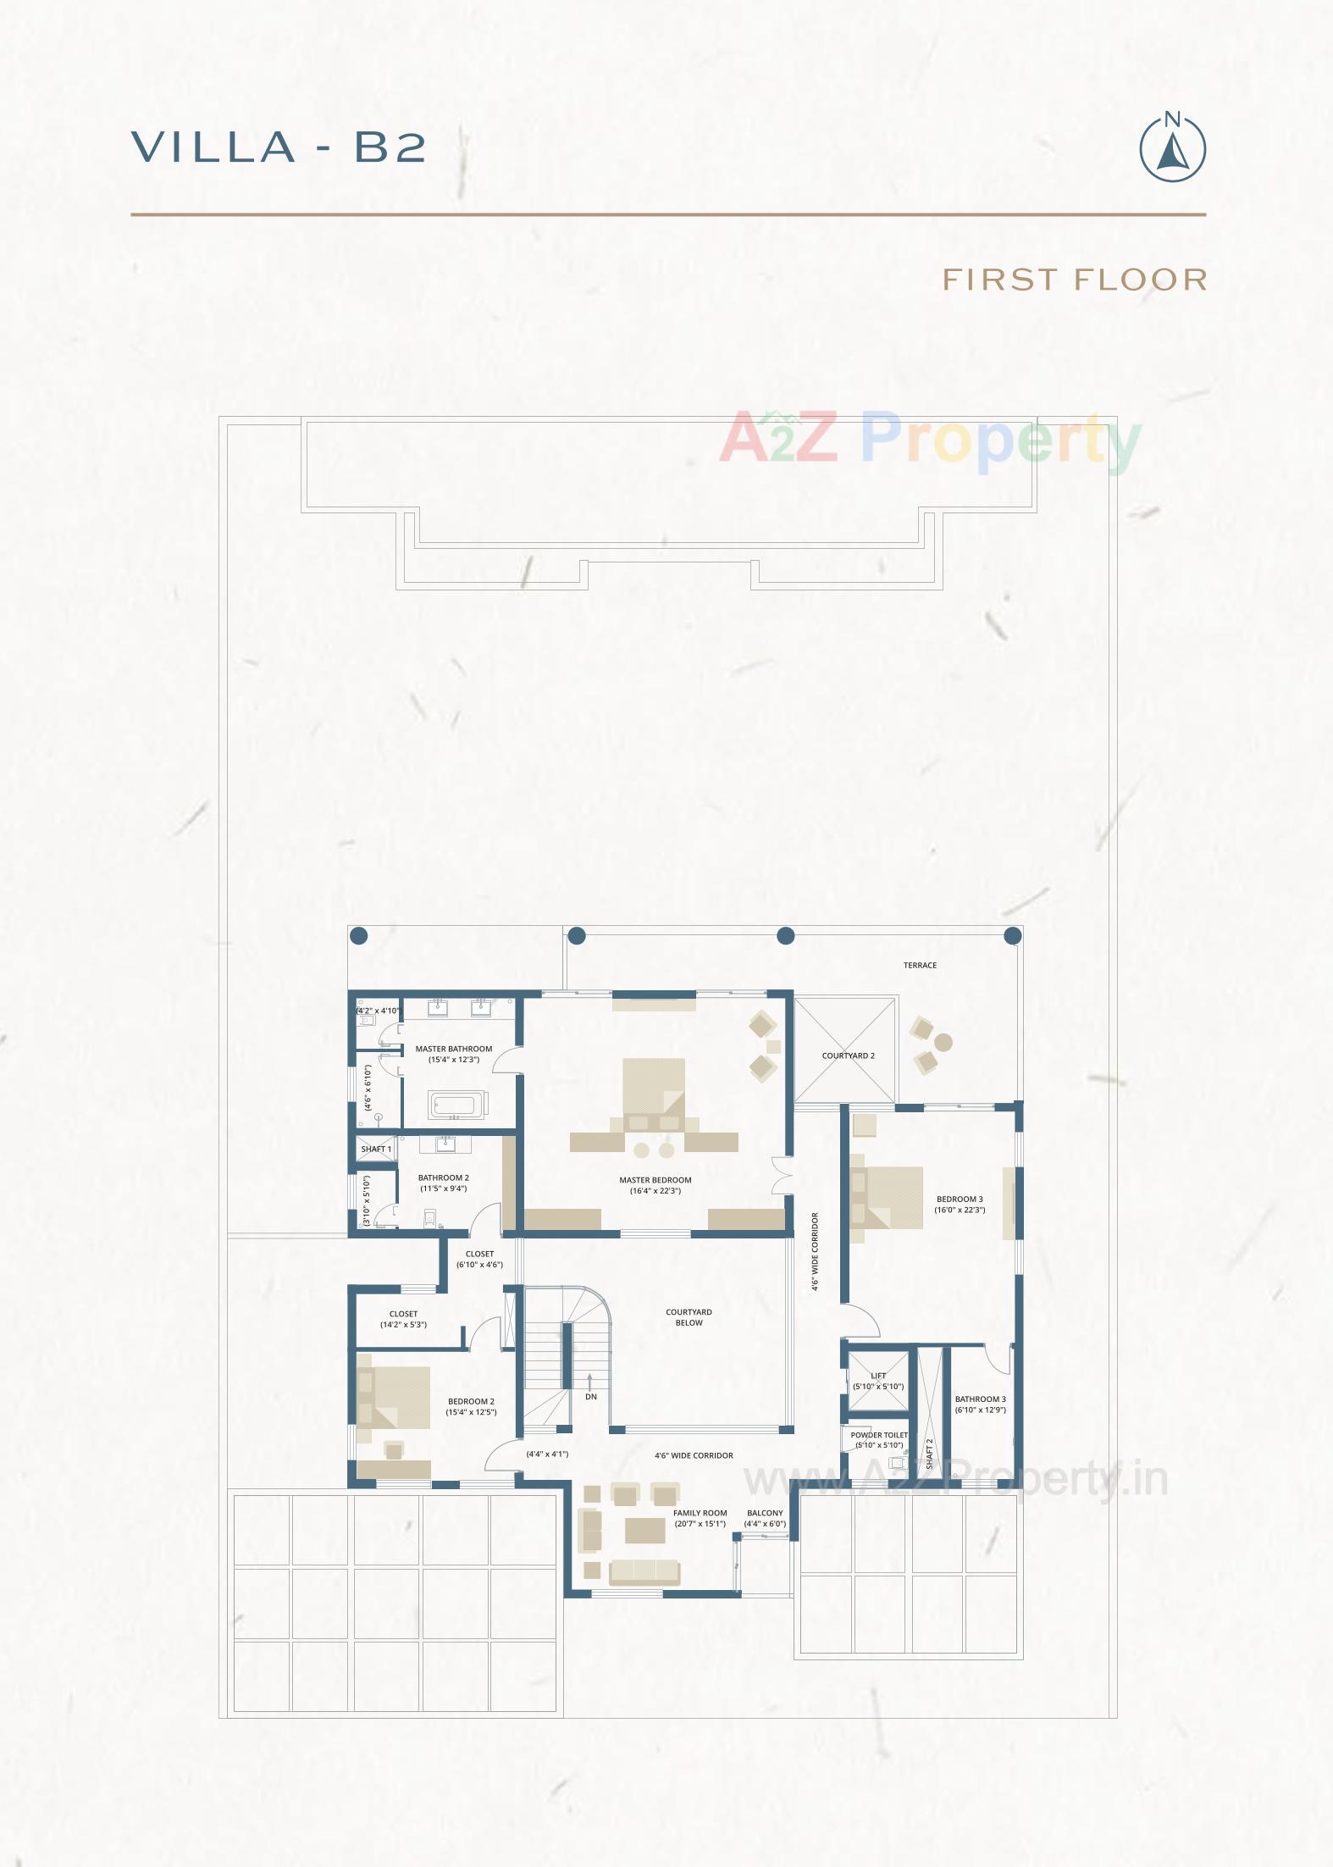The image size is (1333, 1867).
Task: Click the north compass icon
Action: (1172, 148)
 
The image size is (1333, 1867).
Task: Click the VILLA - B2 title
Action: (279, 147)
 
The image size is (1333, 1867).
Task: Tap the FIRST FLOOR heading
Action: (1074, 280)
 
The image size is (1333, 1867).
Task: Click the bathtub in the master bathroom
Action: (455, 1105)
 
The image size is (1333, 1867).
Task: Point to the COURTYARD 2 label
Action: (848, 1055)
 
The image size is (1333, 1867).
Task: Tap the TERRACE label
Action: (920, 965)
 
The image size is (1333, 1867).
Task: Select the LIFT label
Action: (878, 1377)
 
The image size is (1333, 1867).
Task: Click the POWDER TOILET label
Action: (879, 1435)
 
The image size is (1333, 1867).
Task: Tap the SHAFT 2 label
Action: (929, 1453)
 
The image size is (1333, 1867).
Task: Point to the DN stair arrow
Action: (590, 1390)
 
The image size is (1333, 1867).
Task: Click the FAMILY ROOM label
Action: (700, 1513)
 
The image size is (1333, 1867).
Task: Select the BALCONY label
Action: (765, 1513)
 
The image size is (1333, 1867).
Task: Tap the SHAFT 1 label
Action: (376, 1150)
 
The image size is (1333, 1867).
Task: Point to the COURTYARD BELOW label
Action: (689, 1317)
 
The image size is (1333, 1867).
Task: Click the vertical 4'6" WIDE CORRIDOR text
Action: (815, 1251)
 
